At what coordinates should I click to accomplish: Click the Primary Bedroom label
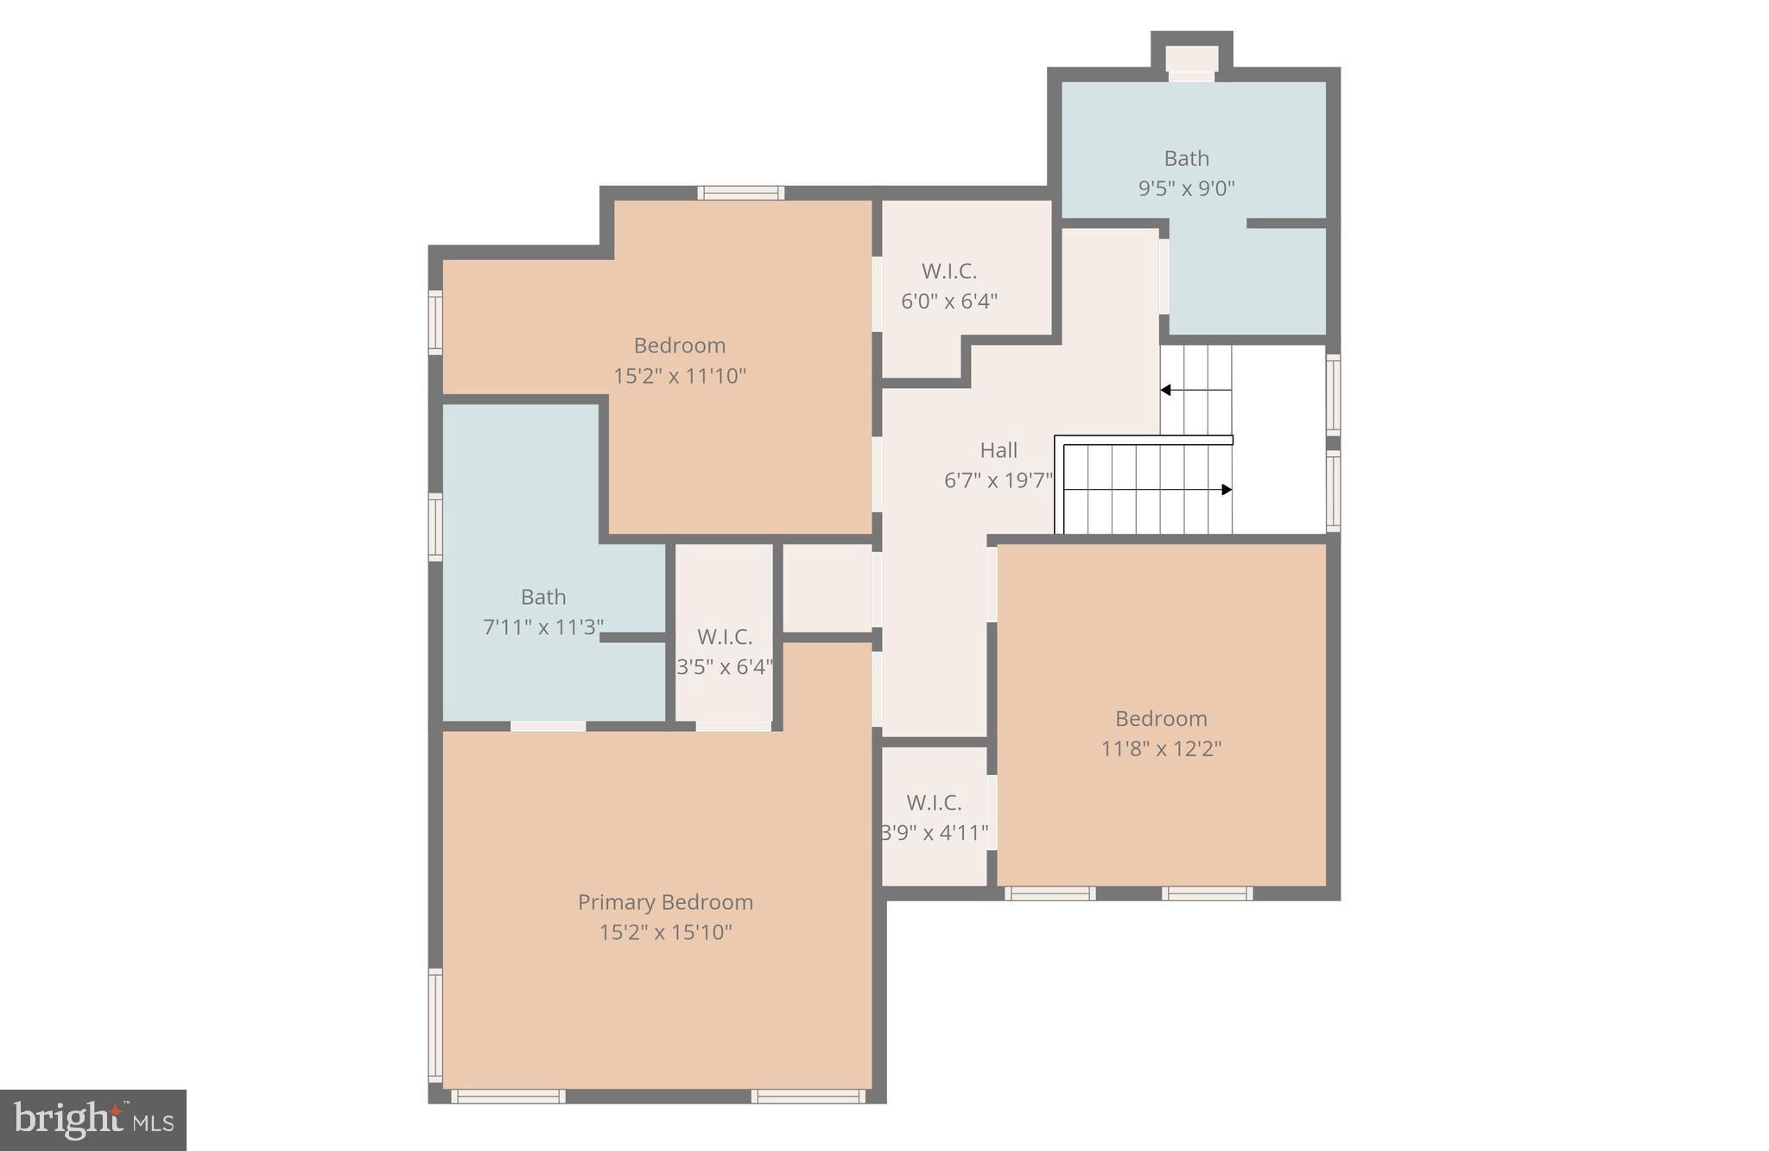[665, 902]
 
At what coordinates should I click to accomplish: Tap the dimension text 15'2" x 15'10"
[665, 932]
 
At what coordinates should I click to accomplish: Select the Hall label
[999, 450]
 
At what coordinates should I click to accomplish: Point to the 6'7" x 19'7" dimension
[999, 480]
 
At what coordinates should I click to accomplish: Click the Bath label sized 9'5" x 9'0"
[1186, 158]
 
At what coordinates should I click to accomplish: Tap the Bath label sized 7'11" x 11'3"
[543, 597]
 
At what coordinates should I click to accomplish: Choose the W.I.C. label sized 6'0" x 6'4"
[949, 271]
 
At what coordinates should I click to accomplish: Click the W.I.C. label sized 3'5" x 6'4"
[724, 637]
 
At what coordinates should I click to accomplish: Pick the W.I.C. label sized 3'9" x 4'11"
[934, 803]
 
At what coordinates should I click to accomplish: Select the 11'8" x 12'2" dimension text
[1161, 748]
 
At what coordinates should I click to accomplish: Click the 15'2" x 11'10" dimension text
[680, 376]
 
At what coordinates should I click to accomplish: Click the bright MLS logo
[93, 1120]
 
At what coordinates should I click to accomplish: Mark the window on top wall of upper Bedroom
[741, 193]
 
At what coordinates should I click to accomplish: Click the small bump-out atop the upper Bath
[1192, 57]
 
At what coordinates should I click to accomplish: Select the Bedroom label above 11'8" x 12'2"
[1161, 718]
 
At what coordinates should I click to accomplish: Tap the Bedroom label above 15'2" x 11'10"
[680, 346]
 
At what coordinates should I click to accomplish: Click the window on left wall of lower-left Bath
[435, 526]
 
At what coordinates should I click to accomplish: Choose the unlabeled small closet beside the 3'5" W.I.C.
[827, 588]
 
